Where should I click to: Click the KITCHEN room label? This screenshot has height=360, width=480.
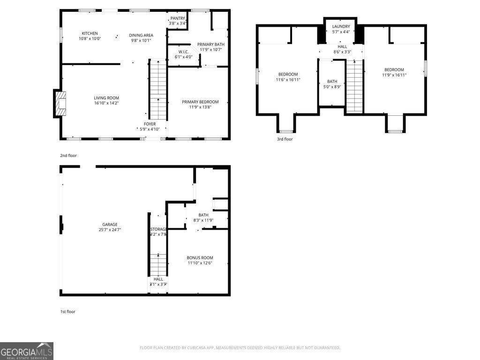[x=90, y=33]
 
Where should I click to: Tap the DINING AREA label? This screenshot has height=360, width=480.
[x=141, y=35]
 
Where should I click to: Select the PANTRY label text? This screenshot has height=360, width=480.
[x=178, y=18]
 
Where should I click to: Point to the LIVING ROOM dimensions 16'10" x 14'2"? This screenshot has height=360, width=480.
[x=106, y=103]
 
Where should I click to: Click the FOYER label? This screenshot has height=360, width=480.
[x=150, y=124]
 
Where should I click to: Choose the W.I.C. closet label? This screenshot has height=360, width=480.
[x=183, y=52]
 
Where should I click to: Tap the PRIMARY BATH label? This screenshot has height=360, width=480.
[x=210, y=44]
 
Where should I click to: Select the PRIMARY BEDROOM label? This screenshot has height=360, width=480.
[x=200, y=102]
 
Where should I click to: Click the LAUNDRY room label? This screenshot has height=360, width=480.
[x=341, y=26]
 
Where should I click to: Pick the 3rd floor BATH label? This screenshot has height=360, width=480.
[x=332, y=82]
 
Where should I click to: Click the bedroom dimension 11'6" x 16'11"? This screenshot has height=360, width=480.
[x=288, y=80]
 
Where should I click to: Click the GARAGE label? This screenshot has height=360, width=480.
[x=110, y=225]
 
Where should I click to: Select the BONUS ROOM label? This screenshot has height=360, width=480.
[x=200, y=258]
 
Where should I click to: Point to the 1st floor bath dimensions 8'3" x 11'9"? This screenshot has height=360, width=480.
[x=203, y=220]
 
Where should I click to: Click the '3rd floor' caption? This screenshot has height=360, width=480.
[x=285, y=139]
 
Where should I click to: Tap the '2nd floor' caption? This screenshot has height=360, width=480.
[x=68, y=155]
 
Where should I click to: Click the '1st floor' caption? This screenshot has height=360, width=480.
[x=67, y=311]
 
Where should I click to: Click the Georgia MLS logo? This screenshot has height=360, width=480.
[x=27, y=351]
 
